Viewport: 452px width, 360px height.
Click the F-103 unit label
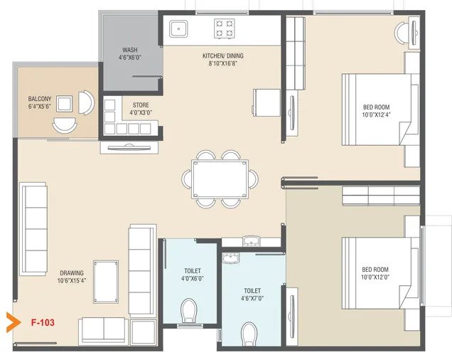pyautogui.click(x=43, y=322)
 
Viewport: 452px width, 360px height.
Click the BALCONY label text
pyautogui.click(x=38, y=99)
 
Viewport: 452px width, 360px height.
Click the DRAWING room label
pyautogui.click(x=72, y=272)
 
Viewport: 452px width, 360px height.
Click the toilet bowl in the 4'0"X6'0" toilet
pyautogui.click(x=189, y=311)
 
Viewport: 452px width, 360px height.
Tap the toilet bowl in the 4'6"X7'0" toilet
pyautogui.click(x=249, y=332)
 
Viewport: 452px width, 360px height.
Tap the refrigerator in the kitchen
pyautogui.click(x=267, y=100)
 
